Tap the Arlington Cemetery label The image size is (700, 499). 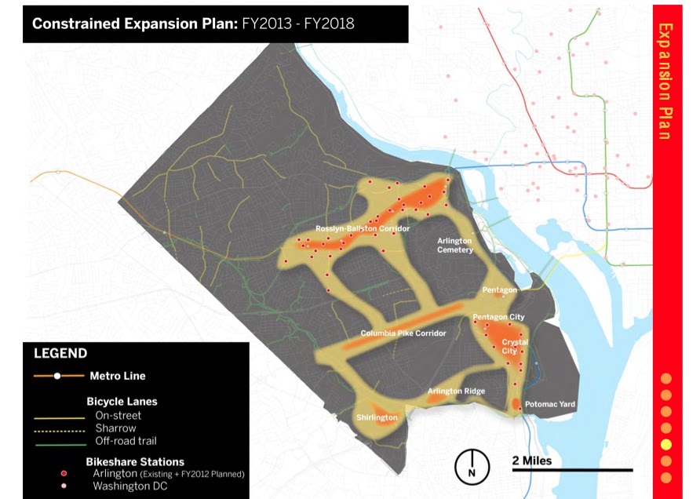455,245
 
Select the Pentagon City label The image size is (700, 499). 498,317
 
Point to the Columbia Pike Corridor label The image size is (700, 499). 403,333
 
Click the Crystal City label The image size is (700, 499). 515,347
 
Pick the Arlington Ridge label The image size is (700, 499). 456,391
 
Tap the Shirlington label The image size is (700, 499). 377,417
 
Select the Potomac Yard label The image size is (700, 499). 549,404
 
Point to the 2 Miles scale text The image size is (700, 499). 531,460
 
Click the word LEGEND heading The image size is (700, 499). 60,354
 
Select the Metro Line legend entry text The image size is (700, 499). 118,376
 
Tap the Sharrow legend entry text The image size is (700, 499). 115,428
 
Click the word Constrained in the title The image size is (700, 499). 73,24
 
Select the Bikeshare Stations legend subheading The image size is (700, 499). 135,461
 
